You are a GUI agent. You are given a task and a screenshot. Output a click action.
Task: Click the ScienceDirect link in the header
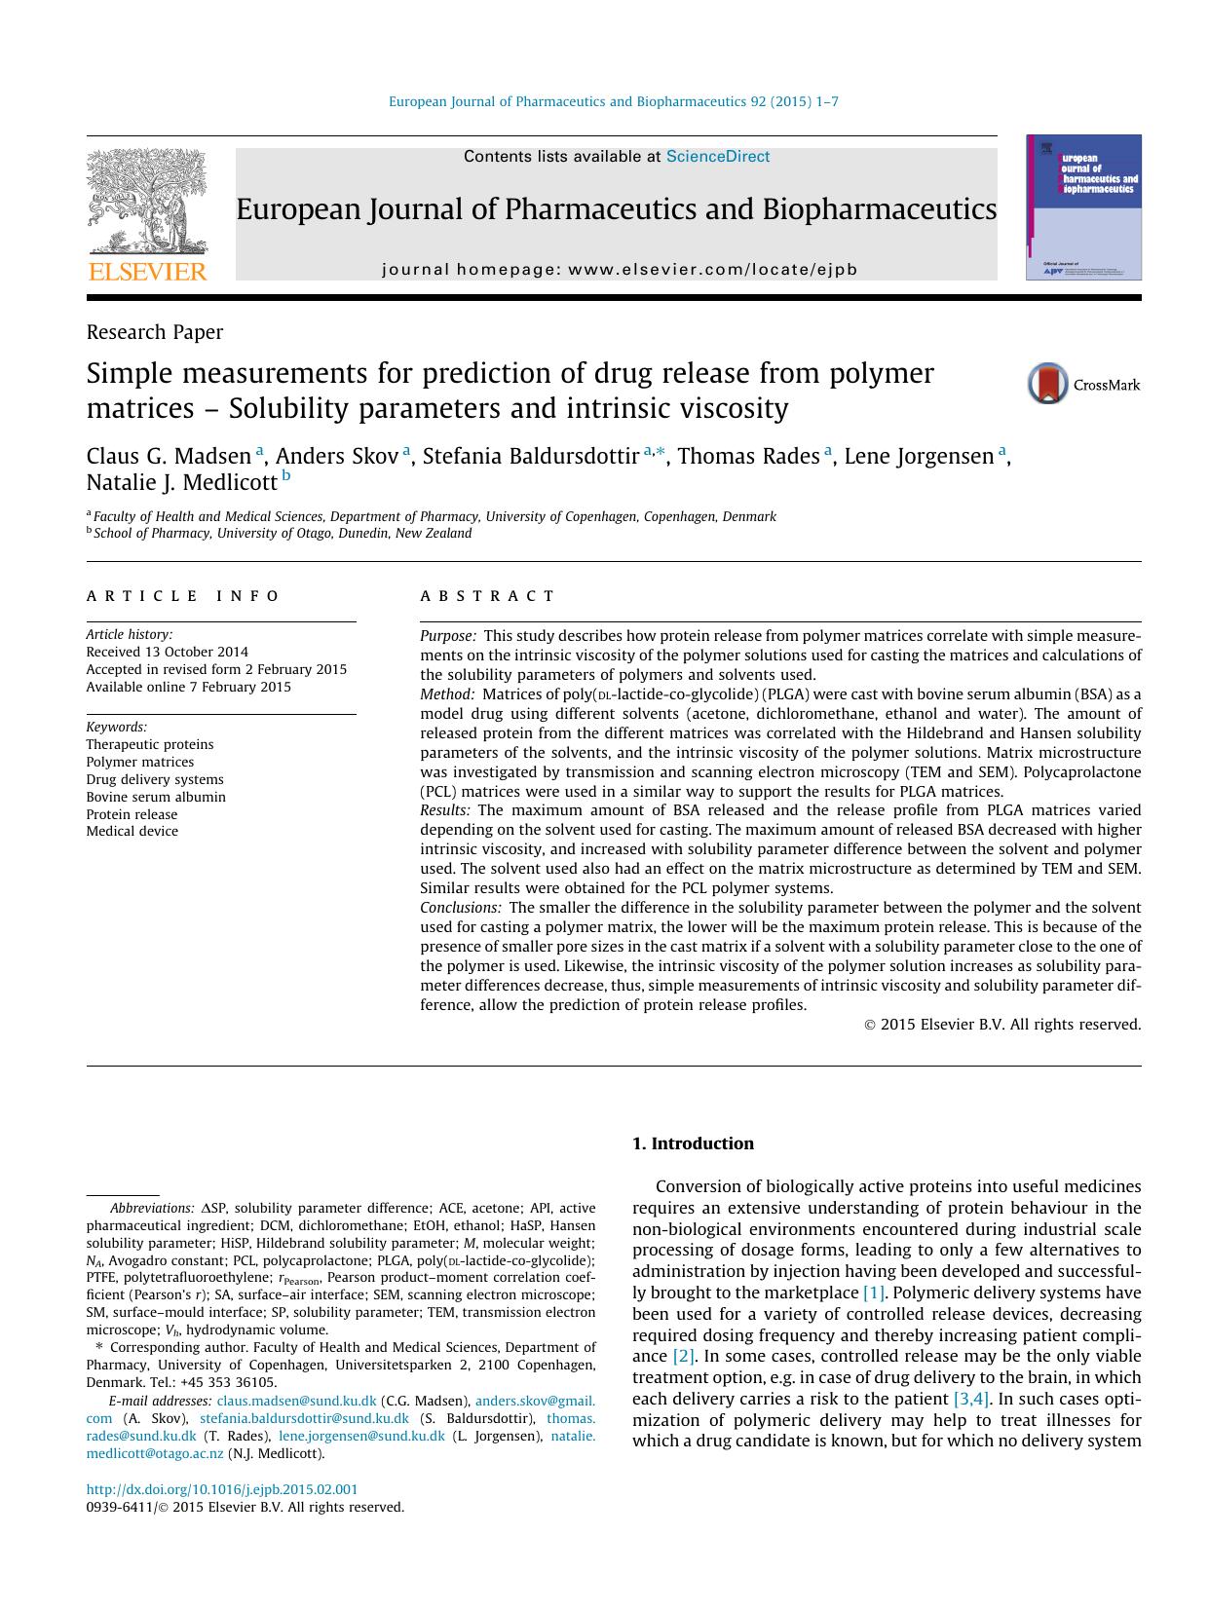(717, 157)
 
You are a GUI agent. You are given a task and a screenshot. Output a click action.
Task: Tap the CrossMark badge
(1083, 385)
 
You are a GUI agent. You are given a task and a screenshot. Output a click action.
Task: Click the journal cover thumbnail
(1083, 207)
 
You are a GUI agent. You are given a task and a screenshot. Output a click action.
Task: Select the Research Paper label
(154, 332)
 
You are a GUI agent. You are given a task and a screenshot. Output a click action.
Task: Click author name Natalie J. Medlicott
(181, 481)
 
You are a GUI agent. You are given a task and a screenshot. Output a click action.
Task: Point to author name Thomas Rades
(747, 456)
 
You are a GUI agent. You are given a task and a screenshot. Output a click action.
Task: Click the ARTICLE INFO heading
(183, 596)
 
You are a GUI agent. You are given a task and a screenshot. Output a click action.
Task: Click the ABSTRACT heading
(487, 596)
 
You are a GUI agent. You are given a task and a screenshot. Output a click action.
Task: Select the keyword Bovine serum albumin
(156, 797)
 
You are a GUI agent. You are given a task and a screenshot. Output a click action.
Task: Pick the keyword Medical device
(132, 831)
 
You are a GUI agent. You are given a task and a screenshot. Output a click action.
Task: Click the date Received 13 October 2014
(167, 652)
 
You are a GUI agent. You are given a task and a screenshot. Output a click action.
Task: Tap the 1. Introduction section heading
(693, 1143)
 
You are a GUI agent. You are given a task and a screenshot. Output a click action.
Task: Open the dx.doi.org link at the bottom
(222, 1489)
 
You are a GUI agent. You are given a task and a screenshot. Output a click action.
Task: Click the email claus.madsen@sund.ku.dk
(296, 1401)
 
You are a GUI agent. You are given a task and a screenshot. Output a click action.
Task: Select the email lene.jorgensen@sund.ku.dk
(361, 1436)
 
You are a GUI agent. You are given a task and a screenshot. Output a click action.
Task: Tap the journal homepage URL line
(620, 270)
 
